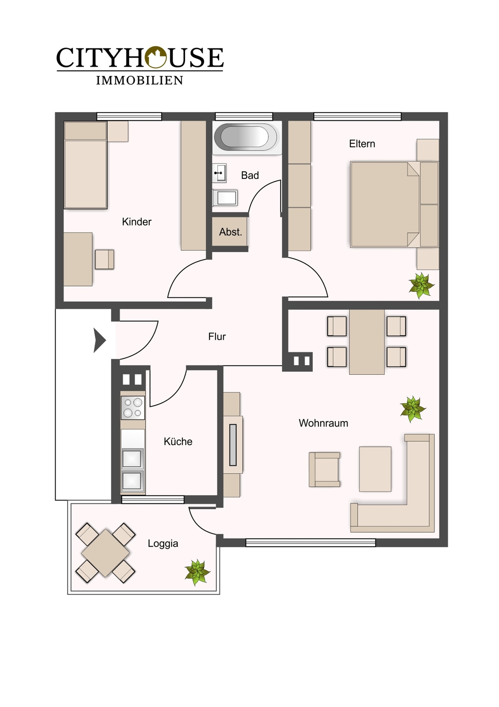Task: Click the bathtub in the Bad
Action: (246, 137)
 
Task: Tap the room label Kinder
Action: (137, 222)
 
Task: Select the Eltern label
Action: (362, 144)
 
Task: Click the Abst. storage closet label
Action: (230, 232)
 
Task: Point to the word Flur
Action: (217, 337)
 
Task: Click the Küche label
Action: (178, 441)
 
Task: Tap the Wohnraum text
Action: (323, 423)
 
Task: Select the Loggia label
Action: (163, 543)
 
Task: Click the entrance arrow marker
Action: (100, 340)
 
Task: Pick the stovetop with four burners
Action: (133, 408)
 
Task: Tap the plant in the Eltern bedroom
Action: (421, 286)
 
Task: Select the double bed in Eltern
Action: (385, 204)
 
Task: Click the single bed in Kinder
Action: (85, 165)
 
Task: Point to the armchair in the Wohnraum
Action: (325, 469)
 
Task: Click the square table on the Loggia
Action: (105, 553)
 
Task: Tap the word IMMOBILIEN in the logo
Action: (139, 81)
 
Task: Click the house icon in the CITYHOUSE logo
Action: (156, 57)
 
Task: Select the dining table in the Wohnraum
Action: (367, 342)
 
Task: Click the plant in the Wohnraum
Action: (412, 409)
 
